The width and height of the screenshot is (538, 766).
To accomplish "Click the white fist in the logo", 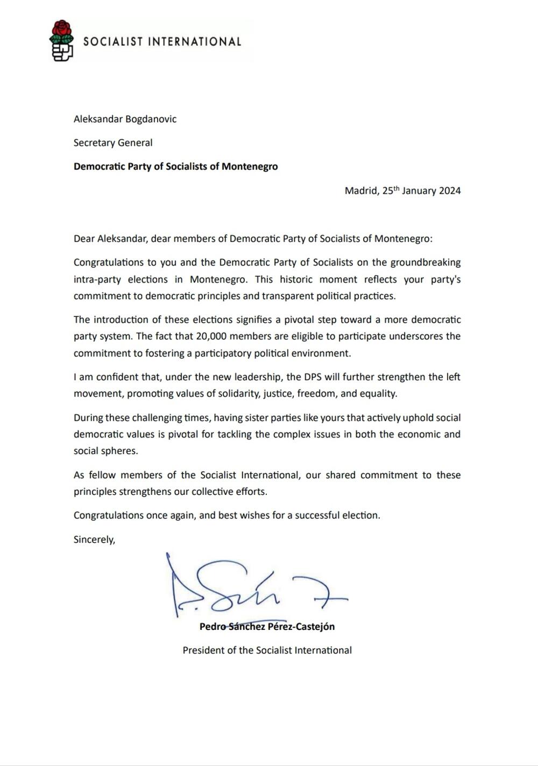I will (62, 51).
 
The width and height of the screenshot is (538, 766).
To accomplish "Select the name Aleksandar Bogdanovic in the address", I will (125, 119).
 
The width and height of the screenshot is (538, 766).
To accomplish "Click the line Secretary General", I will (113, 143).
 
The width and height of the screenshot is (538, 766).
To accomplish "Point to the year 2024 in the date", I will (449, 190).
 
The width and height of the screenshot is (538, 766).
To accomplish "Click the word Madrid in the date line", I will (361, 190).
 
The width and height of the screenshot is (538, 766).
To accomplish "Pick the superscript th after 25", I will (395, 188).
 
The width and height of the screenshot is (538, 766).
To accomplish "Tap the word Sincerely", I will (94, 539).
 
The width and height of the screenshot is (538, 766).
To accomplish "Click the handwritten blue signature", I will (253, 589).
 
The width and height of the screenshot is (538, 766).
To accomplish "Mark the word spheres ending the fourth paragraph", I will (121, 451).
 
